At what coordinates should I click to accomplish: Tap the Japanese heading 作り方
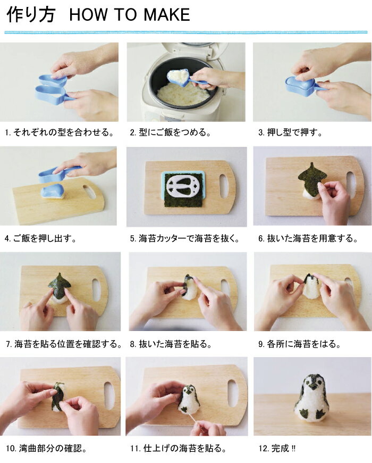(31, 15)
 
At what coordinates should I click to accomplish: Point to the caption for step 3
(291, 133)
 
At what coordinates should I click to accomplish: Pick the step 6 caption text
(308, 238)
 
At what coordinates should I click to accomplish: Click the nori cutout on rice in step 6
(312, 179)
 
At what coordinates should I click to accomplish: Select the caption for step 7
(64, 344)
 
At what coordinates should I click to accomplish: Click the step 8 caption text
(171, 344)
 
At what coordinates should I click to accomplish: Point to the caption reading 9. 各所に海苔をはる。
(300, 344)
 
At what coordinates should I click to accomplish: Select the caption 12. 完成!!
(277, 449)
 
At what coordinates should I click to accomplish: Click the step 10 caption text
(47, 449)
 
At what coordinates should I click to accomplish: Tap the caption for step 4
(41, 238)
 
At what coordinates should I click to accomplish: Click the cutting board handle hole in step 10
(109, 395)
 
